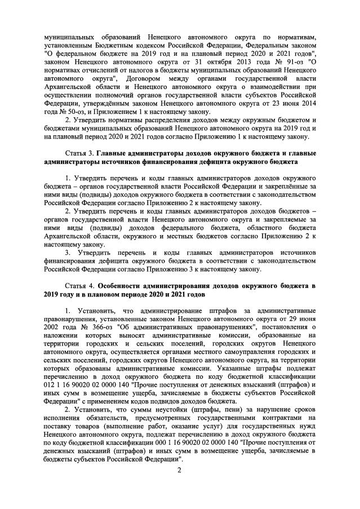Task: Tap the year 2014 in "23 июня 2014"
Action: (306, 103)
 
